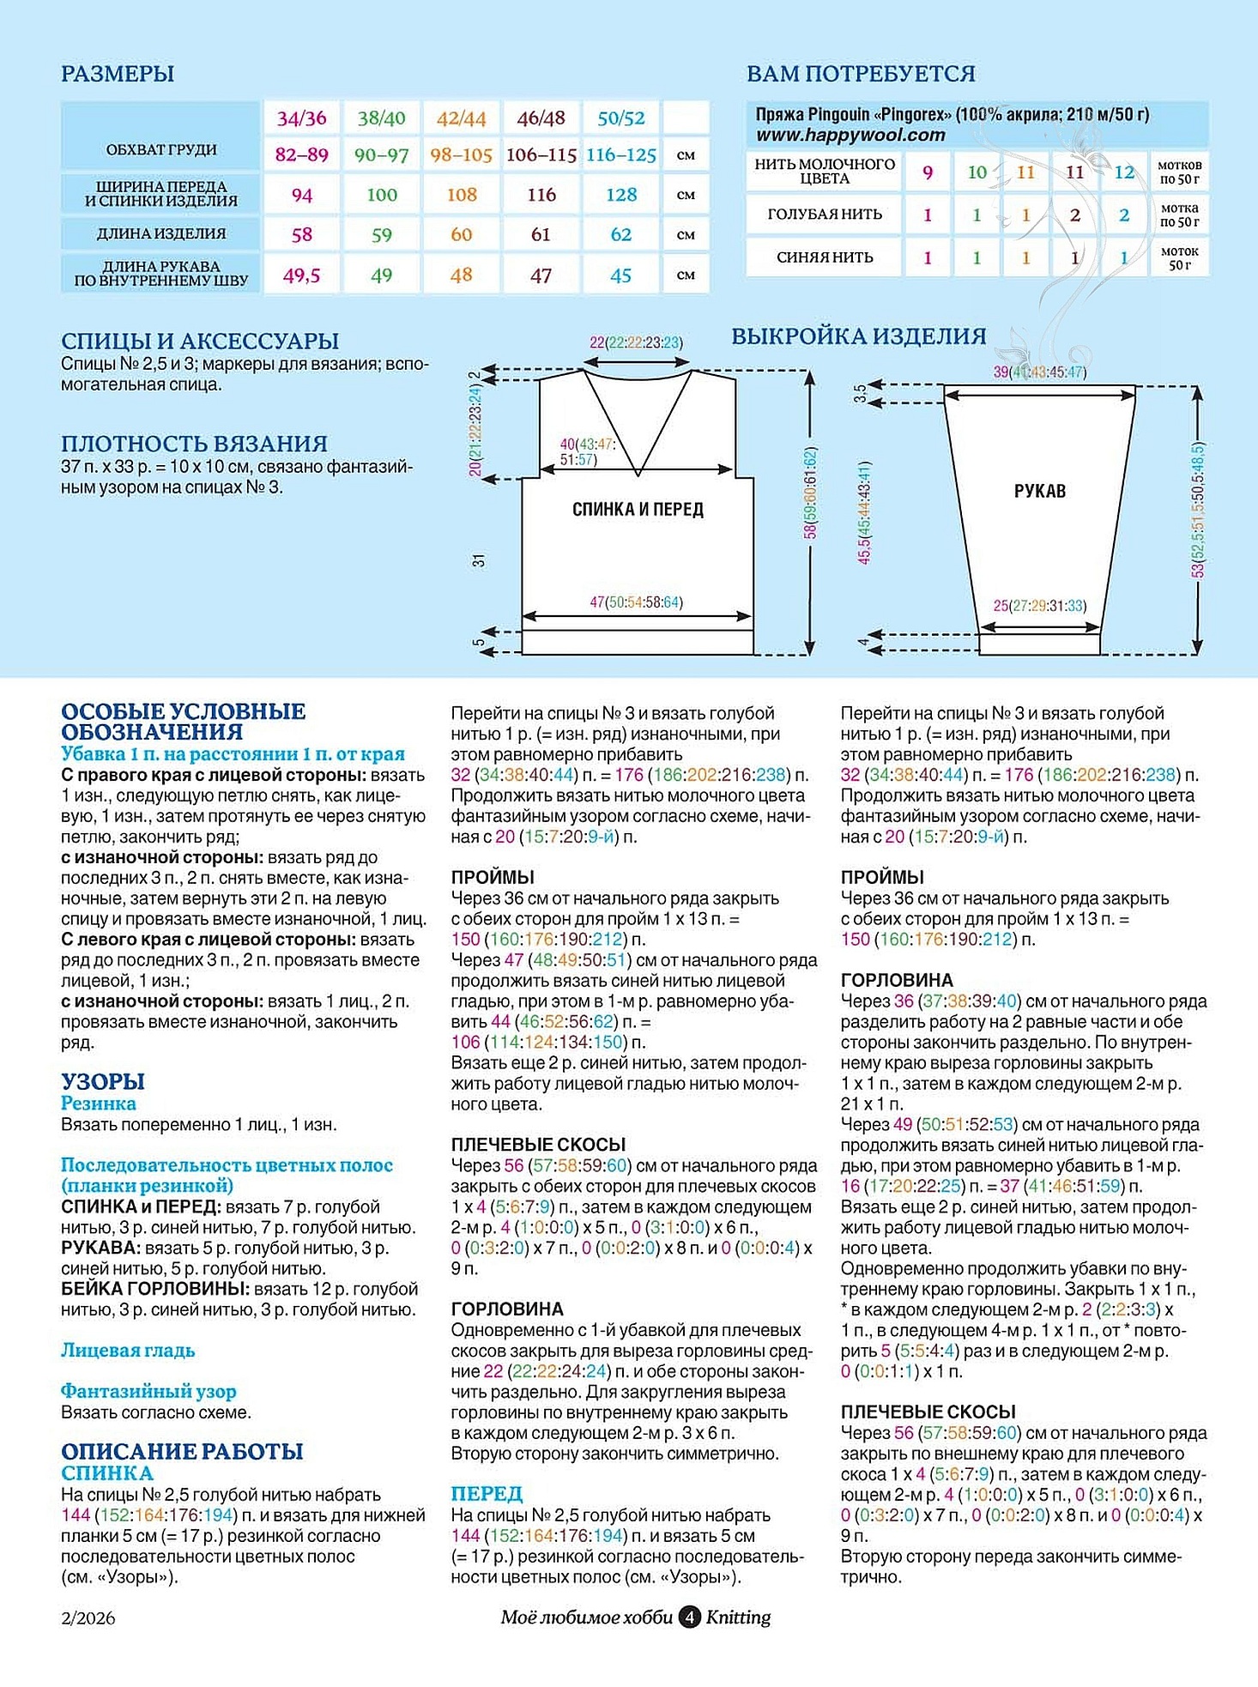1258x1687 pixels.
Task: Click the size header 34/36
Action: pos(301,118)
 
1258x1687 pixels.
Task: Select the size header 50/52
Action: pos(621,118)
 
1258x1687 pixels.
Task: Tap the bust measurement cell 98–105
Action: pos(461,155)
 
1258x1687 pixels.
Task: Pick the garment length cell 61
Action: pos(541,234)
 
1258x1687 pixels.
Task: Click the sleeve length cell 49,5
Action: pos(301,275)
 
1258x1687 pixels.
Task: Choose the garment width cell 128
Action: pos(621,195)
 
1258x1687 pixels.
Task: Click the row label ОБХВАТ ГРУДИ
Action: pos(160,149)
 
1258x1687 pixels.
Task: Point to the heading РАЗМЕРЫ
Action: pos(118,74)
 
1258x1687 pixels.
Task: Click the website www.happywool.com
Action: pos(850,135)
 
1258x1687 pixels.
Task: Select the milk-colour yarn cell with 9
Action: pos(928,172)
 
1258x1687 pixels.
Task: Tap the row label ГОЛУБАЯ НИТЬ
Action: pos(824,215)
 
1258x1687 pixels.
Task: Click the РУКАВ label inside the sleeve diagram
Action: pos(1039,491)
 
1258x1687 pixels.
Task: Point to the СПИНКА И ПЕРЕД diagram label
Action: pos(638,510)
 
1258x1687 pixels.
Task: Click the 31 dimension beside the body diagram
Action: pos(479,560)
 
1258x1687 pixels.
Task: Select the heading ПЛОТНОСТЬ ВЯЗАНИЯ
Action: pos(194,444)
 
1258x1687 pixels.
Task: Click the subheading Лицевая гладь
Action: pos(128,1350)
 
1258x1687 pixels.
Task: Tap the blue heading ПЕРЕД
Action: pos(487,1493)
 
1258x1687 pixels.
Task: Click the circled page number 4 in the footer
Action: pos(689,1617)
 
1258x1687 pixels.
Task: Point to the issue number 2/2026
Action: pos(88,1618)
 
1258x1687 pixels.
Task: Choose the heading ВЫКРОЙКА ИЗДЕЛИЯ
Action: pos(858,336)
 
